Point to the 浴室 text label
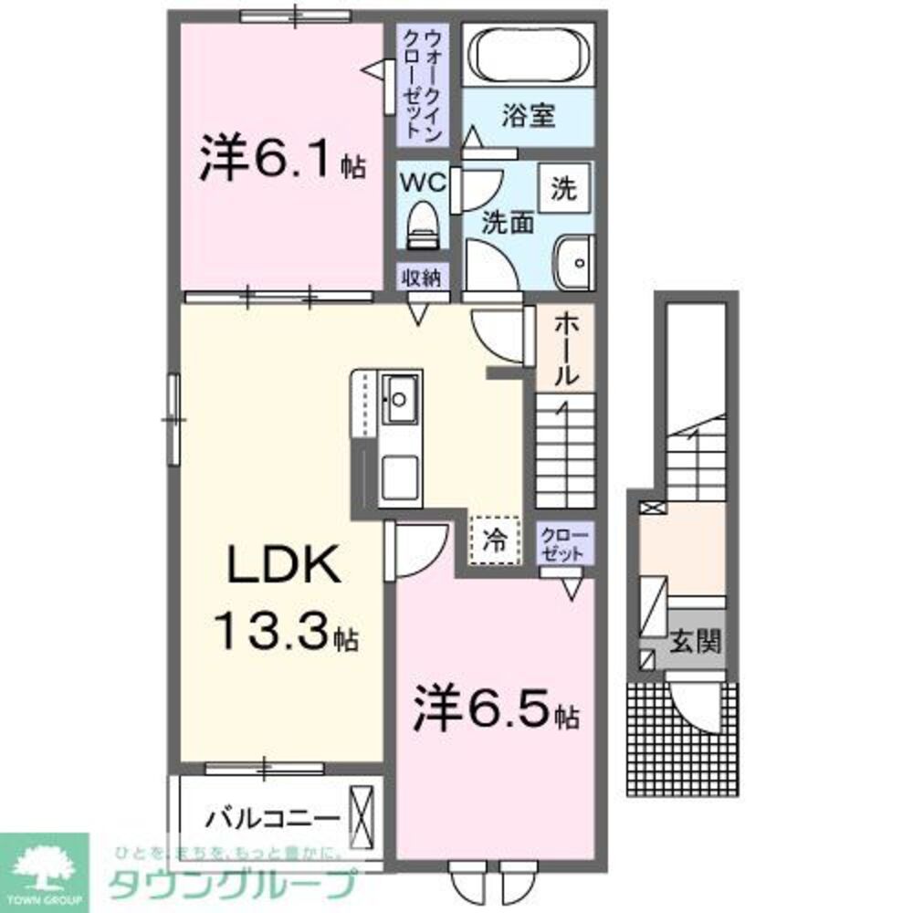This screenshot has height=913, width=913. (528, 117)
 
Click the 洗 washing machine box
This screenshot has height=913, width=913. (564, 189)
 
